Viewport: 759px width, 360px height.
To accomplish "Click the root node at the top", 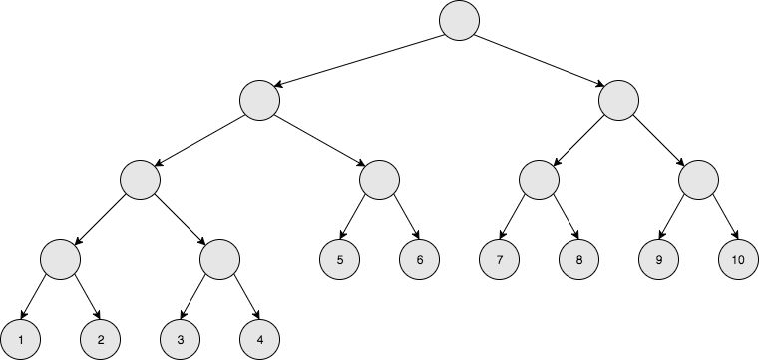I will pyautogui.click(x=459, y=21).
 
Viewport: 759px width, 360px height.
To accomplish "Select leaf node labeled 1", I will pyautogui.click(x=21, y=340).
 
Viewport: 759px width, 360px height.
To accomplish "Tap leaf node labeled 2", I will pyautogui.click(x=101, y=340).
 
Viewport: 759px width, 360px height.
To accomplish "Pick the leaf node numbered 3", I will pyautogui.click(x=181, y=340).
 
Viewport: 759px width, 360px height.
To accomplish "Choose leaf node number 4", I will pyautogui.click(x=260, y=340).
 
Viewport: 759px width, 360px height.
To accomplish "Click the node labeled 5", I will pyautogui.click(x=340, y=260).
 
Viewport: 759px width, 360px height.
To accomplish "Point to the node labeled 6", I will pyautogui.click(x=420, y=260).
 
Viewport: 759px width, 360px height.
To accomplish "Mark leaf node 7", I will pyautogui.click(x=500, y=260).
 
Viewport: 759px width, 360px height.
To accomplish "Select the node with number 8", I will pyautogui.click(x=579, y=260).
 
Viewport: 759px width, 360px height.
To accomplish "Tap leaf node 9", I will pyautogui.click(x=659, y=260).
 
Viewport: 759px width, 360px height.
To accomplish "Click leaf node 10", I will pyautogui.click(x=739, y=260).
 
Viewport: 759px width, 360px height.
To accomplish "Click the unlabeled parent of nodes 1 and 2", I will pyautogui.click(x=61, y=260).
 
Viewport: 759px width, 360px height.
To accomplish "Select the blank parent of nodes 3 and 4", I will pyautogui.click(x=220, y=260).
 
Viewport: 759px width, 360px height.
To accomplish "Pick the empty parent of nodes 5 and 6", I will pyautogui.click(x=380, y=180).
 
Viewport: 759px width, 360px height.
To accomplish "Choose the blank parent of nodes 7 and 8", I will pyautogui.click(x=540, y=180).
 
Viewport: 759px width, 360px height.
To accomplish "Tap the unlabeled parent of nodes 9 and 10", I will pyautogui.click(x=699, y=180).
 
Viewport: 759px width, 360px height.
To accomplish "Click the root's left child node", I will pyautogui.click(x=260, y=101).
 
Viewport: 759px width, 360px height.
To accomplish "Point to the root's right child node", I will pyautogui.click(x=619, y=101).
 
